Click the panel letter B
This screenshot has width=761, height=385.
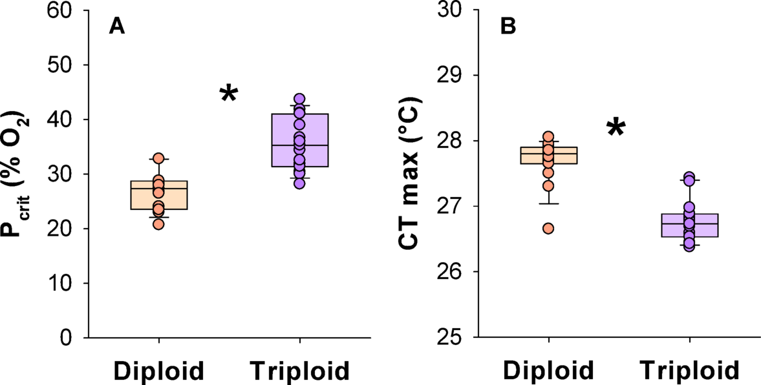coord(509,26)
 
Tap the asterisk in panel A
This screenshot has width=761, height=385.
coord(229,94)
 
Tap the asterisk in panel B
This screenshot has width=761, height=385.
coord(616,128)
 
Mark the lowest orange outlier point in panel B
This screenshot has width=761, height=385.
coord(548,228)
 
